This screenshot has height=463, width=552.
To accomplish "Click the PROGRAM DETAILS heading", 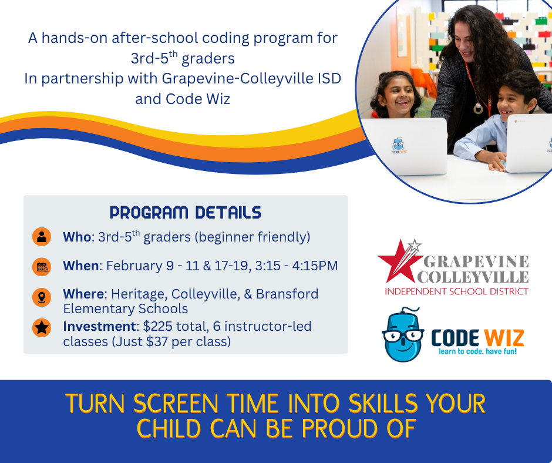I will [186, 212].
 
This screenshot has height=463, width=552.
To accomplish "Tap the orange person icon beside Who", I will [42, 237].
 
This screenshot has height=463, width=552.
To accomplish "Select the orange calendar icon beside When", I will [42, 267].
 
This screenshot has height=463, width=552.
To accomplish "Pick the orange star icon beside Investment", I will [42, 327].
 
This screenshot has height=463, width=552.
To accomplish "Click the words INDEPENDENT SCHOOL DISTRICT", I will [456, 291].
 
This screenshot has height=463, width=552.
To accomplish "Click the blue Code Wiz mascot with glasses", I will [403, 337].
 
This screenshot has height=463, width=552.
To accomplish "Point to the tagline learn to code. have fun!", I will [477, 353].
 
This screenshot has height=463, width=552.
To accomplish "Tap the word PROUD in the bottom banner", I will [339, 429].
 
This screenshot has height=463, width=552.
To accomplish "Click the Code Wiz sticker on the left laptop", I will [399, 146].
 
